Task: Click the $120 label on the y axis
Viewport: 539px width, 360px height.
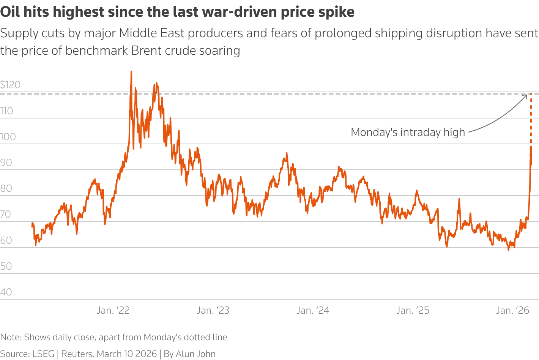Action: point(10,85)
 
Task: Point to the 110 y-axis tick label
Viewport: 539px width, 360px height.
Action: point(6,111)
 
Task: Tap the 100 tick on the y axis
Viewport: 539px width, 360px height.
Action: point(8,137)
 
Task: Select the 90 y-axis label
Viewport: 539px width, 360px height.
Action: point(6,163)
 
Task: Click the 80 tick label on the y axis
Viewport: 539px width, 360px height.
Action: point(6,188)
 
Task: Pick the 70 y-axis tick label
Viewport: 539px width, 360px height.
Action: point(6,214)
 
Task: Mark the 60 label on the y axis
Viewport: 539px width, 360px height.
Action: point(6,240)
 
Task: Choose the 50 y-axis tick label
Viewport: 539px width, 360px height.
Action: point(6,266)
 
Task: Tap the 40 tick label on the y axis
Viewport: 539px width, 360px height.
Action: point(6,292)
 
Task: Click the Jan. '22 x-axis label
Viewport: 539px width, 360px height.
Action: point(113,311)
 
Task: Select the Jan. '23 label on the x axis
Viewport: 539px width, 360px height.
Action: point(213,311)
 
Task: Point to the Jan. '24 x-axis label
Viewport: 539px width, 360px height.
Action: point(313,311)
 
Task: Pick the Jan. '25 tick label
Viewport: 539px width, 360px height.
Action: point(413,311)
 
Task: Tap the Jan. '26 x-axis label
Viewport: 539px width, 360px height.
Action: point(512,311)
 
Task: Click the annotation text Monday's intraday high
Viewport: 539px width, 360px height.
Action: point(408,132)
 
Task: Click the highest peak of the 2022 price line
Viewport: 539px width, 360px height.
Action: point(131,71)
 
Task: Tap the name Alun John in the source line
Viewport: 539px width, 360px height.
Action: point(195,354)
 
